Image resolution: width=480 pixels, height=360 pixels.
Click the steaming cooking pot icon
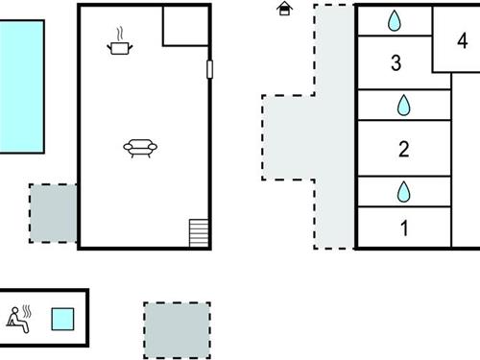(120, 44)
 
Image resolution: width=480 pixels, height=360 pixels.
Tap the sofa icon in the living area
(140, 147)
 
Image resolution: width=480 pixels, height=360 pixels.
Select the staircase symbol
(199, 232)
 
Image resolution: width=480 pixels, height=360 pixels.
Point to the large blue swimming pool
(21, 86)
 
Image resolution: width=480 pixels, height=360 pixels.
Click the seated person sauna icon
(20, 317)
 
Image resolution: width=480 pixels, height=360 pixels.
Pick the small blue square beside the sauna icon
(62, 319)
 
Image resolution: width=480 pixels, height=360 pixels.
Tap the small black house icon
(284, 9)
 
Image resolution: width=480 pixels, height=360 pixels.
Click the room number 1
(404, 228)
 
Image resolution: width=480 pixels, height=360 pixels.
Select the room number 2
(404, 149)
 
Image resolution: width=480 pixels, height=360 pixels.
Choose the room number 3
(396, 63)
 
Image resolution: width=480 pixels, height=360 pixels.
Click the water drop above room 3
(395, 20)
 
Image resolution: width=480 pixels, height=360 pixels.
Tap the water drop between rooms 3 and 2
(404, 104)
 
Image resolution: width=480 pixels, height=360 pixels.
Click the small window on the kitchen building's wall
(209, 69)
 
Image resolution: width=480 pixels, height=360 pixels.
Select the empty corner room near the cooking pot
(184, 26)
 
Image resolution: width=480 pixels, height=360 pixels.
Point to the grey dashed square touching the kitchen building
(53, 212)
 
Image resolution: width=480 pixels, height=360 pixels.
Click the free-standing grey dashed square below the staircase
(177, 329)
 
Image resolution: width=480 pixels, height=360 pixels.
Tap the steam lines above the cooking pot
(120, 34)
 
